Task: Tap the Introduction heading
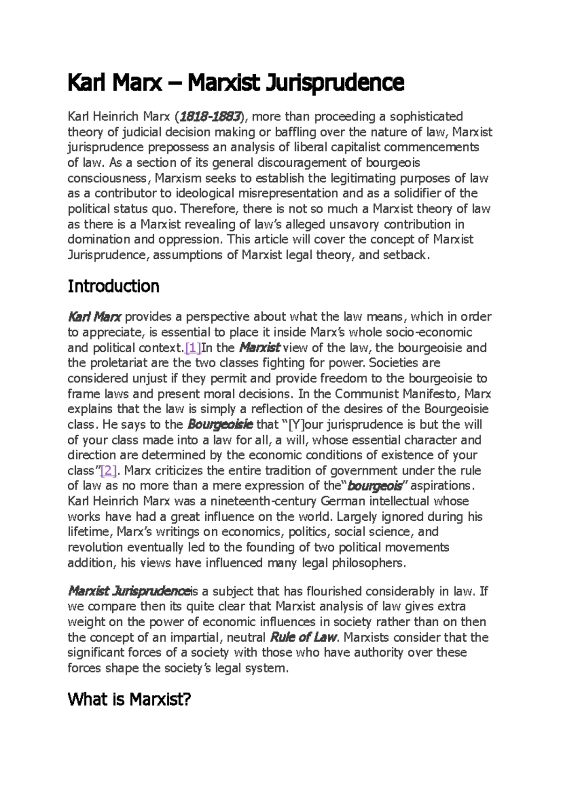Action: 113,286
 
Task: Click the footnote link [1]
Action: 193,348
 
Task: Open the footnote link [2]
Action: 108,471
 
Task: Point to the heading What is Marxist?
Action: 129,700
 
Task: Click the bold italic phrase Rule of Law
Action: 304,637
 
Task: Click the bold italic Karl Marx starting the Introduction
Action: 94,317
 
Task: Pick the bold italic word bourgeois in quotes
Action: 375,486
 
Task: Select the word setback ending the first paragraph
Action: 405,255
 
